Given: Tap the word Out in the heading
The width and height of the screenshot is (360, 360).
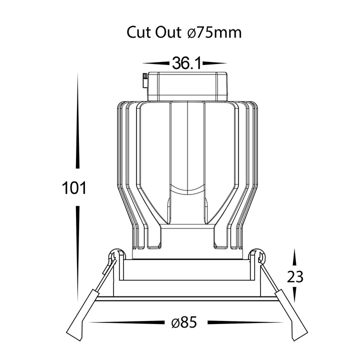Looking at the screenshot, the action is point(168,32).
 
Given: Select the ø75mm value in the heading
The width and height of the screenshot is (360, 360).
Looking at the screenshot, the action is point(214,32).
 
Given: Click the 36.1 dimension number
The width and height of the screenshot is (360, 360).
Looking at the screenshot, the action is point(186,63).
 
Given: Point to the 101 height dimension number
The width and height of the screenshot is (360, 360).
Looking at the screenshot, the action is point(74,188).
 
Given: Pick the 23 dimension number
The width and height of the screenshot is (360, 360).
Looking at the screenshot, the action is point(295,276).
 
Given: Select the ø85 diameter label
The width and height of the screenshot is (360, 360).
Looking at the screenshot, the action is point(184,322).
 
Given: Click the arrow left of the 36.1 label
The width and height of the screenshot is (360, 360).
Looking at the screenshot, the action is point(156,63).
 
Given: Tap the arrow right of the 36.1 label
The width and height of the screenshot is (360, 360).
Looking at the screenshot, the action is point(214,63).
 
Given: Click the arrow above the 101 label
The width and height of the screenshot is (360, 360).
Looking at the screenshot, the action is point(77,120).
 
